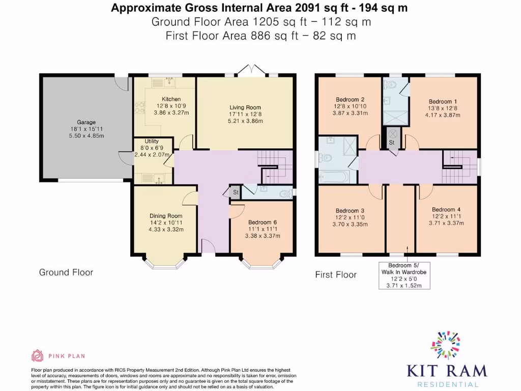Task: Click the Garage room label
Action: [86, 122]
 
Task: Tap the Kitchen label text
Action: [171, 99]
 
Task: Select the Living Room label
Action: [245, 107]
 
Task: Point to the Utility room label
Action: [152, 142]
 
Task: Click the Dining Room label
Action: [166, 216]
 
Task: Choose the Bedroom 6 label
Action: [263, 222]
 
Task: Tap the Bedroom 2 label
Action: [350, 99]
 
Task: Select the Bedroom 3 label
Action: [350, 211]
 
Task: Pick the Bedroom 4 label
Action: [446, 209]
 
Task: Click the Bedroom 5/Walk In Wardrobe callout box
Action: [404, 275]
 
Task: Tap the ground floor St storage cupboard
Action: [235, 192]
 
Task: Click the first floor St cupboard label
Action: [392, 143]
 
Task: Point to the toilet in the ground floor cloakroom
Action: [285, 193]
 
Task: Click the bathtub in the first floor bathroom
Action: [334, 176]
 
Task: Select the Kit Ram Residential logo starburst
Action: [445, 345]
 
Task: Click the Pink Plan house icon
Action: [37, 356]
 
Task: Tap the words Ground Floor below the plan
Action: [66, 272]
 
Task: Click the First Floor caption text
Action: [336, 274]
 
